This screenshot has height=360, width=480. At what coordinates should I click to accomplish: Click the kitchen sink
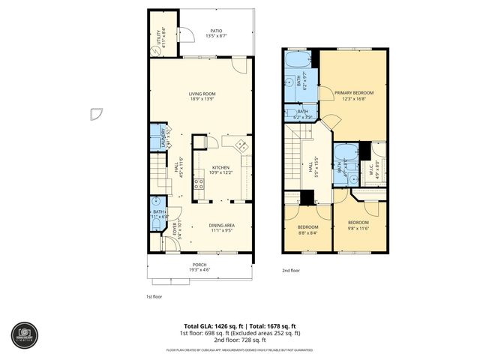(x=241, y=145)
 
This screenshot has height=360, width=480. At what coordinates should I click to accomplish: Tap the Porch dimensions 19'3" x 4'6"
(x=200, y=268)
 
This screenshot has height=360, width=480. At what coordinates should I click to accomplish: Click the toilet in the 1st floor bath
(x=155, y=202)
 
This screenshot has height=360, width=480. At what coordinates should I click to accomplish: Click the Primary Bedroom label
(x=354, y=94)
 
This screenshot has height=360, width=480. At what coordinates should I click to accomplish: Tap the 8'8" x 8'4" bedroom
(x=307, y=229)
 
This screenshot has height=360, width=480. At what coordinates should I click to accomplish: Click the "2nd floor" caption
(x=290, y=270)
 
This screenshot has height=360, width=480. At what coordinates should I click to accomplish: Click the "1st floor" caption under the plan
(x=154, y=296)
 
